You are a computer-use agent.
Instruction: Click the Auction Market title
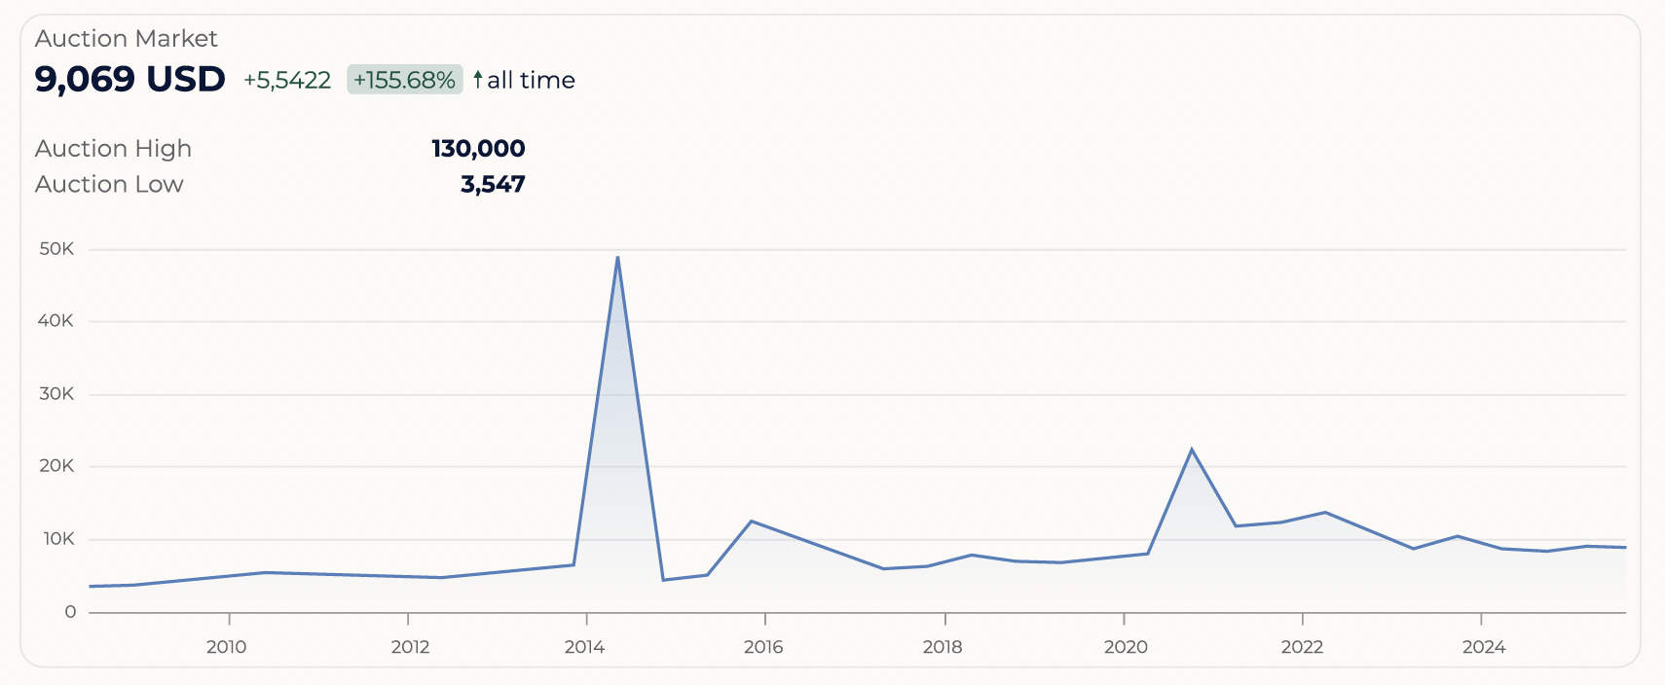[126, 38]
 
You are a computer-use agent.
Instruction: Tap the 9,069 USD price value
[129, 79]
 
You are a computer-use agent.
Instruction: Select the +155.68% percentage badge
[404, 80]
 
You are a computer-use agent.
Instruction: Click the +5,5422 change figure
[287, 80]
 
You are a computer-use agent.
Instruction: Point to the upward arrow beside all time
[478, 79]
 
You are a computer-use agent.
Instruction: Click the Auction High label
[113, 148]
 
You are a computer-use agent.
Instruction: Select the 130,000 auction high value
[478, 148]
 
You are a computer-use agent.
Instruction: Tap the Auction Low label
[109, 184]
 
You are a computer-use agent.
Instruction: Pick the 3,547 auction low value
[493, 184]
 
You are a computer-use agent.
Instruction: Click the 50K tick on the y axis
[56, 249]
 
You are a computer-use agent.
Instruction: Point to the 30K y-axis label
[56, 394]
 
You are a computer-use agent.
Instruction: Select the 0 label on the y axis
[70, 612]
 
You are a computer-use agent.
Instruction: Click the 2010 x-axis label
[227, 647]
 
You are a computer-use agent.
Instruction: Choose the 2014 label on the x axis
[584, 647]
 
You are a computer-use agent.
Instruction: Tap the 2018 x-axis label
[943, 647]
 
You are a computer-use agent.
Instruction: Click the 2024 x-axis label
[1484, 647]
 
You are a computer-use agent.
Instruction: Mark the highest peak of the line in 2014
[617, 257]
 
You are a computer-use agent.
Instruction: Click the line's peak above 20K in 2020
[1192, 450]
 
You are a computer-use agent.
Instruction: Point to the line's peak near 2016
[752, 522]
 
